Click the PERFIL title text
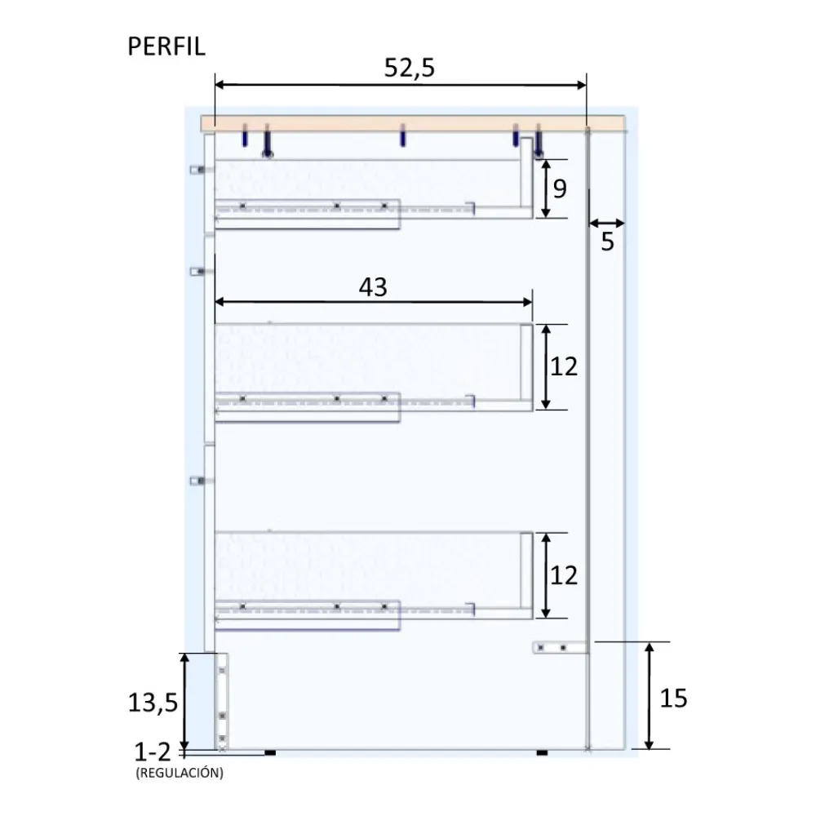(166, 47)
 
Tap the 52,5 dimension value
(409, 68)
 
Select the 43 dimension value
(373, 286)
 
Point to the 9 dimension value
(560, 188)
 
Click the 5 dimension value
(607, 242)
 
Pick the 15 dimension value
(673, 698)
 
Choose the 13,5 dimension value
(153, 703)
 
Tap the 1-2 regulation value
(153, 752)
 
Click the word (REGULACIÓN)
(180, 773)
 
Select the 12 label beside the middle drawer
(564, 367)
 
